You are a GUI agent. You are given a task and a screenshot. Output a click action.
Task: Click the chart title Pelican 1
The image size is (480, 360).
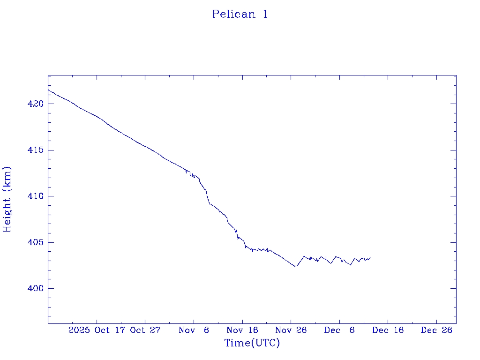coord(240,14)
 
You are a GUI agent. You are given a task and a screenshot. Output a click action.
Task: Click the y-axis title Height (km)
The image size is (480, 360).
coord(7,199)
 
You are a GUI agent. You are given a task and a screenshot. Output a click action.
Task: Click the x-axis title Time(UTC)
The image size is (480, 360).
coord(252,343)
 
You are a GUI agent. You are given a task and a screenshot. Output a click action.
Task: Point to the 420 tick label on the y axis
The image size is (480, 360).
coord(36,104)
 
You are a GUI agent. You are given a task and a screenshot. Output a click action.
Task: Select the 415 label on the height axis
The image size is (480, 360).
coord(36,150)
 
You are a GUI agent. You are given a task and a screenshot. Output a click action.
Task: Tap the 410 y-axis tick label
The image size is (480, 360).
coord(36,196)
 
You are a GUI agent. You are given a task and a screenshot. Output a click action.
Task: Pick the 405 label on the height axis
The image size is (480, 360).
coord(36,242)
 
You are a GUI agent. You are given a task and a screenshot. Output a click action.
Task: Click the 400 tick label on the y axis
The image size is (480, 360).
coord(36,288)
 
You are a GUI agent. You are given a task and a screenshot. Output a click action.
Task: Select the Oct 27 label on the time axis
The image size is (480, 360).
coord(145,330)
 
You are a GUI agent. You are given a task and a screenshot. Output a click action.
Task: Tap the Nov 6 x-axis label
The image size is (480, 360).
coord(194,330)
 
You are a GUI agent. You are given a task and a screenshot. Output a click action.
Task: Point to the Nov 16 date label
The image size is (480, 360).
coord(242,330)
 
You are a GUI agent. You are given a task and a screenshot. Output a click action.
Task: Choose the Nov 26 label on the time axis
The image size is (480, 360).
coord(291,330)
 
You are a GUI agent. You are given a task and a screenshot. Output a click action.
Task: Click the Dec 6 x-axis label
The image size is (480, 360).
coord(339,330)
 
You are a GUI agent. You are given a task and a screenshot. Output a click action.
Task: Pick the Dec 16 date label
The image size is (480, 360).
coord(388,330)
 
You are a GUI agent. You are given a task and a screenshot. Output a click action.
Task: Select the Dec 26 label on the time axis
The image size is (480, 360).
coord(436,330)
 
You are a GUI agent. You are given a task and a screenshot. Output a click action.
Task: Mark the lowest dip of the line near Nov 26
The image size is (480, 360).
coord(295,266)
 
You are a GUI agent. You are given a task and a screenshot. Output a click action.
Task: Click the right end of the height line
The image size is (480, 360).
coord(370,257)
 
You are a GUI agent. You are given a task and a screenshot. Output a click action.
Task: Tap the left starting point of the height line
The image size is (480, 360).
coord(48,90)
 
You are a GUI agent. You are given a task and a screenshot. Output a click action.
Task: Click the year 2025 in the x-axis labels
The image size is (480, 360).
coord(79,330)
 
